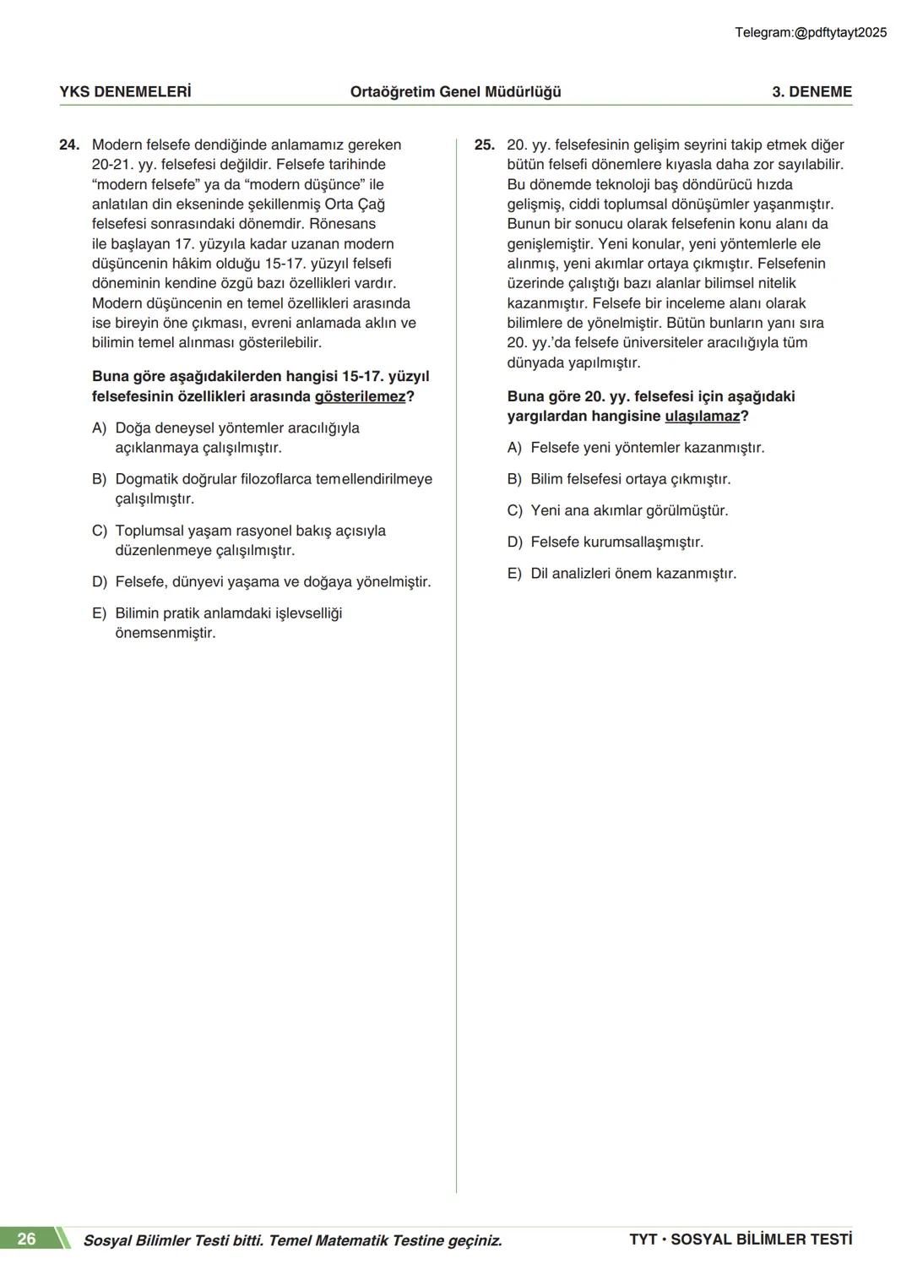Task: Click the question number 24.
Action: [x=68, y=145]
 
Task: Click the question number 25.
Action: [x=484, y=145]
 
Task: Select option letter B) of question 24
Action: [x=99, y=480]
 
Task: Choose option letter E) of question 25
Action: [x=514, y=574]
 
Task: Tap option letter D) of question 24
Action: [x=99, y=582]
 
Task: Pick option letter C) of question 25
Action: [x=514, y=511]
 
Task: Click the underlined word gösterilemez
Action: [x=360, y=397]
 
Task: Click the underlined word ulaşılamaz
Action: [x=702, y=417]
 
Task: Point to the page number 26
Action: [x=27, y=1240]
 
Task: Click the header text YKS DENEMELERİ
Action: [x=125, y=92]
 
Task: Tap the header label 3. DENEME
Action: [x=812, y=92]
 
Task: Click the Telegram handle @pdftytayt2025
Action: [x=840, y=33]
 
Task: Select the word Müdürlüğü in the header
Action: [x=524, y=92]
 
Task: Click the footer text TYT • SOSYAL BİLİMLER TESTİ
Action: [x=740, y=1240]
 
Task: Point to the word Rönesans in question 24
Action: [x=342, y=224]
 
